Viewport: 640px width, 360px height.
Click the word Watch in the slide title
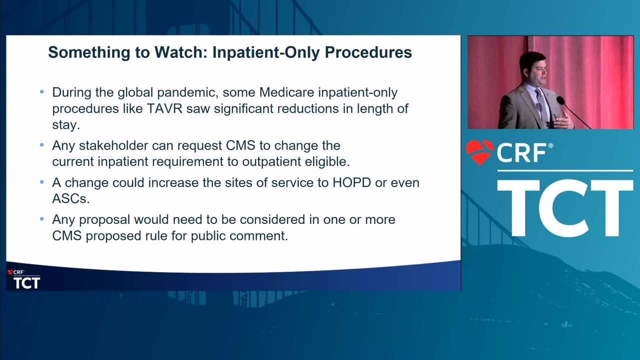click(181, 52)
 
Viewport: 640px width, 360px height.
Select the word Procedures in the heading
click(368, 52)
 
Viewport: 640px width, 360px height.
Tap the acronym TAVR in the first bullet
click(164, 108)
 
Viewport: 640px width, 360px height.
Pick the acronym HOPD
click(351, 183)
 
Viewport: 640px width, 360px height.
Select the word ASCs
click(71, 199)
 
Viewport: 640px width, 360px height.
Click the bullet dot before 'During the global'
click(42, 92)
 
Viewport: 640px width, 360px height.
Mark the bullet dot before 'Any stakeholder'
click(42, 145)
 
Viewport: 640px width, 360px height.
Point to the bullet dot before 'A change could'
click(42, 182)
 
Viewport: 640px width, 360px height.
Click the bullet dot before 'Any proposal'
click(42, 219)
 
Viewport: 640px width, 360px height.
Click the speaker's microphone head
click(560, 100)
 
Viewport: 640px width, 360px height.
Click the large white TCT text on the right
click(565, 208)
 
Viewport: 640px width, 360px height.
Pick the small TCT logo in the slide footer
click(27, 283)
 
